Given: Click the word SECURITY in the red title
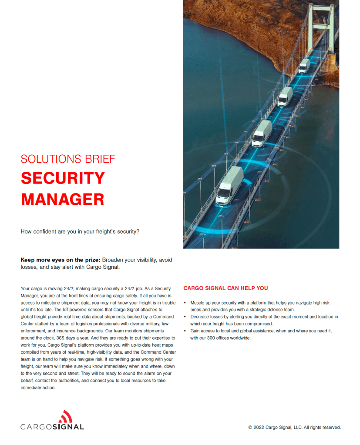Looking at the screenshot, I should pos(63,178).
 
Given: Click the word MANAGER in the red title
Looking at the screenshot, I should pos(63,199).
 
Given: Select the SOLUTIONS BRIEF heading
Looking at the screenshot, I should pos(68,159).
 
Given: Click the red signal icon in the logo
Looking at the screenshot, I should pos(65,416).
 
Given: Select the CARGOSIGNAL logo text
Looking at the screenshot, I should pos(52,427).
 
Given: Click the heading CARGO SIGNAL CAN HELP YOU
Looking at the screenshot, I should pos(225,288).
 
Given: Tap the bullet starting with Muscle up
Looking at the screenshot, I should pos(261,306).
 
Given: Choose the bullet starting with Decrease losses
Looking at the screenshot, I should pos(264,320).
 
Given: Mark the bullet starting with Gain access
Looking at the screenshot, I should pos(261,334).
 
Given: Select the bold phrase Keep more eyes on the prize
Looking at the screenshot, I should pos(61,260).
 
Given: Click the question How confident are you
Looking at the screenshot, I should pos(80,231).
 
